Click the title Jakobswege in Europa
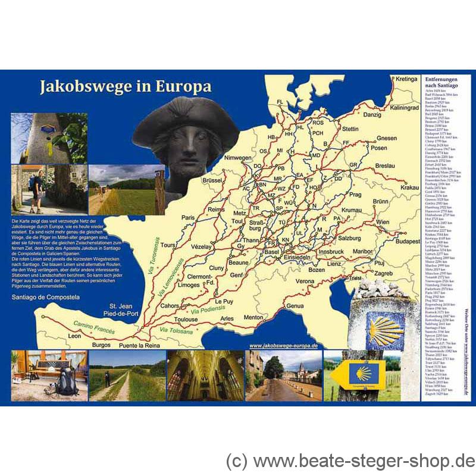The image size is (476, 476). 125,87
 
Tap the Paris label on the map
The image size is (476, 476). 189,218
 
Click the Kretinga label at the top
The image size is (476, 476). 407,79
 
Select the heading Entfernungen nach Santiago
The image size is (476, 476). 441,83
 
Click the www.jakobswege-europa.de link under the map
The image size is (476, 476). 283,345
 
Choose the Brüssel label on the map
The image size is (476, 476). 212,180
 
